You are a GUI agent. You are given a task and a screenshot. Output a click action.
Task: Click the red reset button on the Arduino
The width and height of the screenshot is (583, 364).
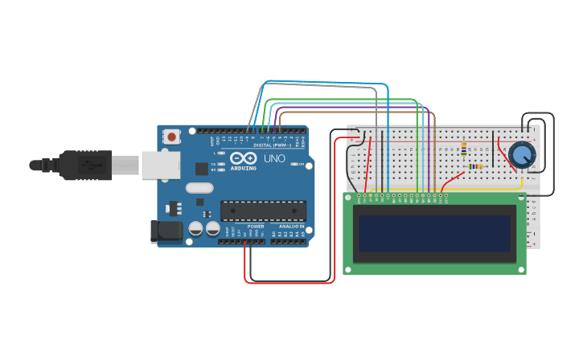coord(172,137)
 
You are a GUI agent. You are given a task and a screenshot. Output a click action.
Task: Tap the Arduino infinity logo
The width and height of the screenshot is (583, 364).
coord(244,158)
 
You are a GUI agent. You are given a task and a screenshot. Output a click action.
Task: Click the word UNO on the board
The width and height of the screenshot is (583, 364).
coord(274,159)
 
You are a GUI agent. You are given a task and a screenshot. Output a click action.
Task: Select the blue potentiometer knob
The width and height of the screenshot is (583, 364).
coord(521,153)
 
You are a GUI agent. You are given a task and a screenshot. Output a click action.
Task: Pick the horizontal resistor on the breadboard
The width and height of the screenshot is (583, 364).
coord(474,166)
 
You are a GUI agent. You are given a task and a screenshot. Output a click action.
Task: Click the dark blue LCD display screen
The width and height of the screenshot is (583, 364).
coord(435,233)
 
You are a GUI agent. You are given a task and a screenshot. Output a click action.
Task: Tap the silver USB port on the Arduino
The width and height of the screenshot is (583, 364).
coord(161,165)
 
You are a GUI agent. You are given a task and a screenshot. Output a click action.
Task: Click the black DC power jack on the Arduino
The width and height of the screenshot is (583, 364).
coord(166,231)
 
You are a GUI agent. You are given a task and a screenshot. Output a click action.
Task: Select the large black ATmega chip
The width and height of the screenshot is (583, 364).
coord(263,211)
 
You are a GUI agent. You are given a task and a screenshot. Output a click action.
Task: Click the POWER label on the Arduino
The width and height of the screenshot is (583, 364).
coord(256,227)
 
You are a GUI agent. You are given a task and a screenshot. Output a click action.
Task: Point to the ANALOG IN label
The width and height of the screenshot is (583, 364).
coord(290,227)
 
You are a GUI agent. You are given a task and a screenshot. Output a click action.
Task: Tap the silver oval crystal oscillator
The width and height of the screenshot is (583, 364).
coord(199,188)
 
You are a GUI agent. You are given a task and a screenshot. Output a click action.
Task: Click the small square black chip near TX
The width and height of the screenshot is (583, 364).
coord(202,169)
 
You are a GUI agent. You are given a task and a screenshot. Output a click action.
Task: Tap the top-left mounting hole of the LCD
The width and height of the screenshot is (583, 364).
coord(348,198)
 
